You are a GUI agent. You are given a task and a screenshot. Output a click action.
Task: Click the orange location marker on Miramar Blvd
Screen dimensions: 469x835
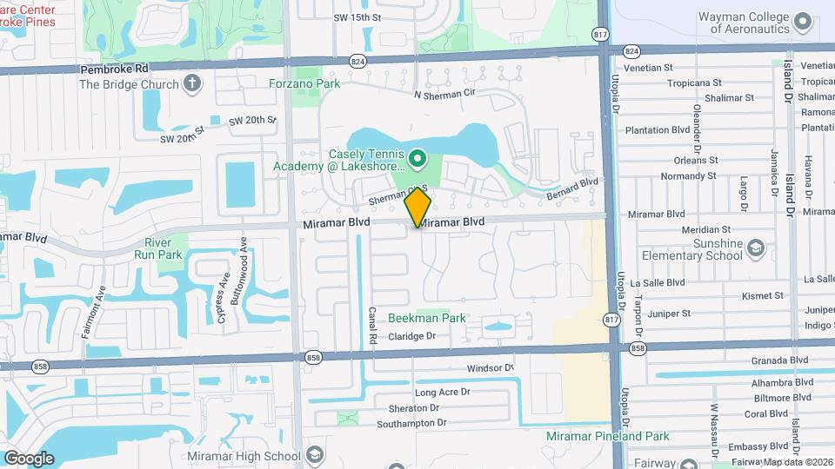[418, 207]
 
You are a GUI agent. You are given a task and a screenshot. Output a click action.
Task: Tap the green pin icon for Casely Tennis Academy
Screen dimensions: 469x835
[417, 158]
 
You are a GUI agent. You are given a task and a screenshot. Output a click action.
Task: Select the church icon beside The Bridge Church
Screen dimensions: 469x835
[191, 84]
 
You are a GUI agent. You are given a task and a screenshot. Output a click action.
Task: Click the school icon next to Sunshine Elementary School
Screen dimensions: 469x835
[756, 249]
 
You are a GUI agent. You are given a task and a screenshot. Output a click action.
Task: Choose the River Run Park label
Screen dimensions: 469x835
[158, 248]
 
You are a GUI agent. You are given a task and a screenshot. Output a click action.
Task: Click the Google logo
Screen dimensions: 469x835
[29, 458]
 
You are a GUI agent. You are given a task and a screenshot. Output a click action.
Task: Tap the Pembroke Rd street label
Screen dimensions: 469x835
[114, 68]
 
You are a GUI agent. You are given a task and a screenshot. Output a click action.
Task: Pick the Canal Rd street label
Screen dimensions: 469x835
[371, 324]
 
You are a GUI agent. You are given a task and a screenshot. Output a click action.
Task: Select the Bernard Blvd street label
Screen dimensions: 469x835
[573, 189]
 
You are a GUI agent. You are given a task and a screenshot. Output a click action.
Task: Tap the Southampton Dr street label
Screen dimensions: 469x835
[411, 423]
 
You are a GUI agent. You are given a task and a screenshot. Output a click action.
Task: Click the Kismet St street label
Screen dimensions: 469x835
[763, 296]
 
